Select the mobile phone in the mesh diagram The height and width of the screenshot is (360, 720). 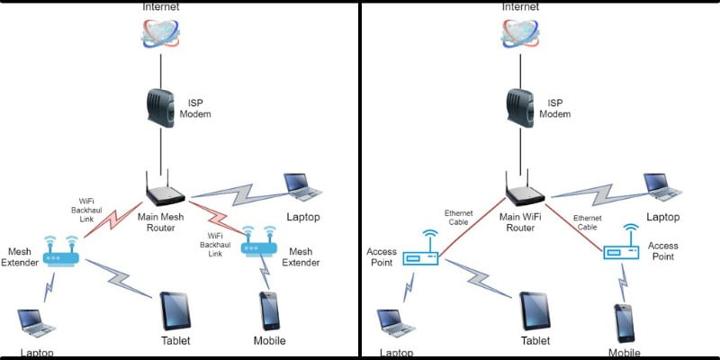click(x=268, y=311)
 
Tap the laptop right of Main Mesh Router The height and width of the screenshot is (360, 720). click(x=303, y=185)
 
